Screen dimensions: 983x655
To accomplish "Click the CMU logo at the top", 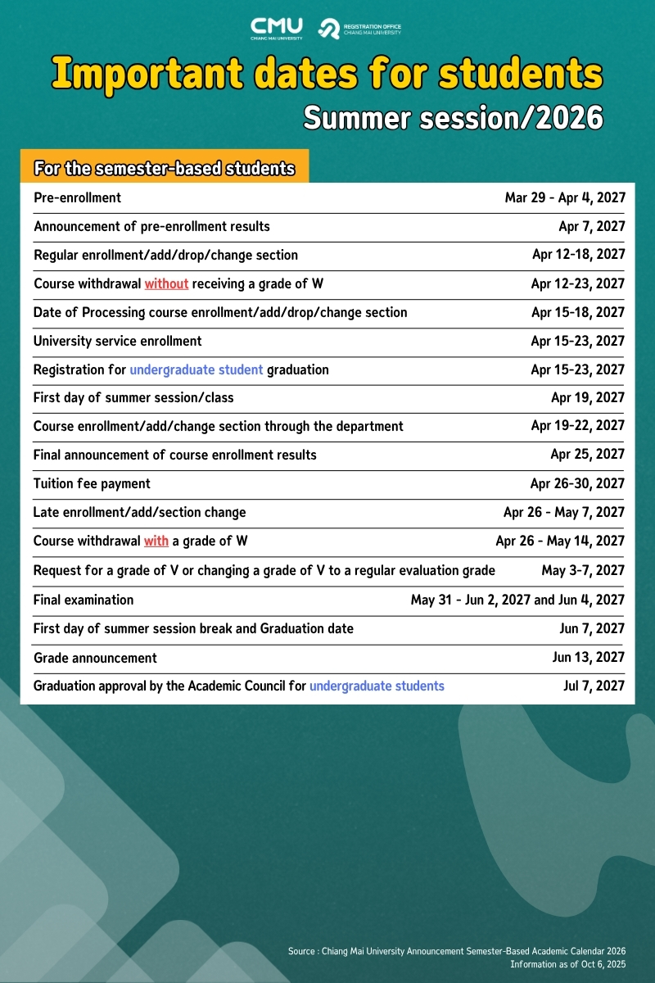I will tap(277, 28).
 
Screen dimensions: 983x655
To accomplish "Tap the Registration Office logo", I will tap(360, 29).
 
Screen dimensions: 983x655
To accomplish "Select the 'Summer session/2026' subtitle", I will tap(453, 119).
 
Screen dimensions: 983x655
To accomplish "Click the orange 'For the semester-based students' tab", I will tap(164, 169).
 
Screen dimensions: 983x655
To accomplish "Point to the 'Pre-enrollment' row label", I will tap(77, 197).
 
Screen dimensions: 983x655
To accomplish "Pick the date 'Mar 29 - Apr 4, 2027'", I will tap(565, 197).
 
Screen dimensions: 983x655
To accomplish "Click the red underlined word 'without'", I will tap(166, 283).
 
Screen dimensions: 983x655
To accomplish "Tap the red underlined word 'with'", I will tap(156, 541).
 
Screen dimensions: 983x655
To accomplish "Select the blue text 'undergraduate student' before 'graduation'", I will tap(196, 369).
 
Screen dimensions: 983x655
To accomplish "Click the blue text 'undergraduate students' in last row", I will tap(377, 686).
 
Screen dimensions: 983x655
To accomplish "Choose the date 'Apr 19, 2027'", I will tap(588, 397).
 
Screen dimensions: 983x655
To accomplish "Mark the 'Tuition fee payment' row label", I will tap(92, 483).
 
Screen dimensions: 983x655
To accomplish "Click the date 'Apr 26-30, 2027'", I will tap(577, 483).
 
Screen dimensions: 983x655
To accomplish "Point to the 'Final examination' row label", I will tap(84, 600).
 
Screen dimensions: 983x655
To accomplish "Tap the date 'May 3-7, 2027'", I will tap(583, 570).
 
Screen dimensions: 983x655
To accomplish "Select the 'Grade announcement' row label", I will tap(95, 658).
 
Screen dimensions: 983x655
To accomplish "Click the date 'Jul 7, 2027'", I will tap(594, 686).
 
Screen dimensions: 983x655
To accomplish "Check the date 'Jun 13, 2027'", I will tap(589, 657).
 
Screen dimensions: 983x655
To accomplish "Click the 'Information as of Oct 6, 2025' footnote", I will tap(567, 964).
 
